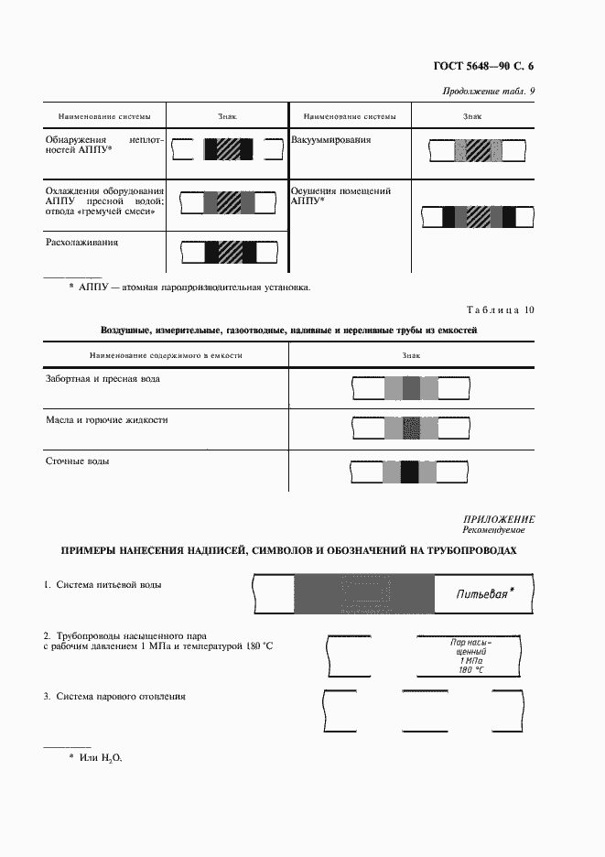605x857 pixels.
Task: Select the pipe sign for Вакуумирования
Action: point(479,150)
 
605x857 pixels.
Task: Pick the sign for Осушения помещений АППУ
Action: point(479,216)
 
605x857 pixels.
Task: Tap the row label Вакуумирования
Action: point(331,140)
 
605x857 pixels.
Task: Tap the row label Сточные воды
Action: point(78,461)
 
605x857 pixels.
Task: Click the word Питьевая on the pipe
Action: point(482,594)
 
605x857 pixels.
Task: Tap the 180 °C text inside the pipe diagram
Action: point(471,670)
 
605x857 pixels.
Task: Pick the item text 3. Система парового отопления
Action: point(114,696)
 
